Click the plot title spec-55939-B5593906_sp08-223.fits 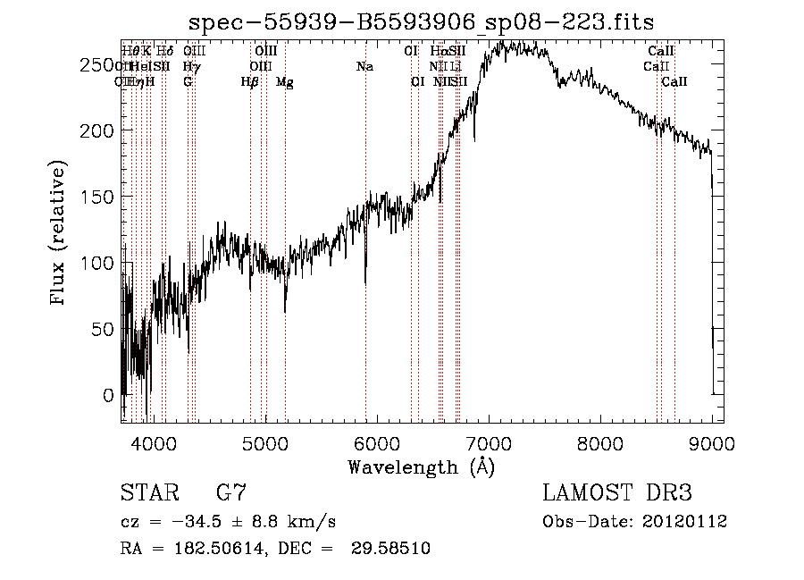(x=423, y=24)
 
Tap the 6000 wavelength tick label (x=376, y=442)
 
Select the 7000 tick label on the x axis (x=489, y=442)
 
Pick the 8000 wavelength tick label (x=600, y=442)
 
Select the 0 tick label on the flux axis (x=108, y=395)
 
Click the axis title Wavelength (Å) (x=421, y=467)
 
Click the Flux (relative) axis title (x=60, y=233)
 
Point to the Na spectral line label (x=364, y=67)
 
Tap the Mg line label (x=284, y=82)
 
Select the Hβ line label (x=250, y=82)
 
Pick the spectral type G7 (x=230, y=493)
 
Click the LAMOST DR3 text (x=617, y=493)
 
